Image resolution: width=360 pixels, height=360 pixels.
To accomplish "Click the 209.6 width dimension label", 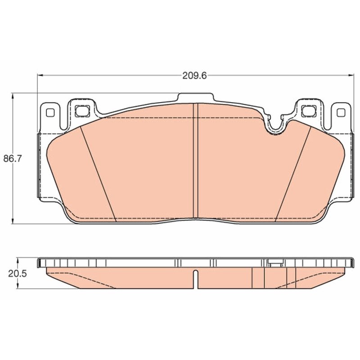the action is click(194, 76).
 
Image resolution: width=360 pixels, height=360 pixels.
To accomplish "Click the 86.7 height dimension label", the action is click(12, 158).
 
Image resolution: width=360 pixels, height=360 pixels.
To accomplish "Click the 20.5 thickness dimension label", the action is click(18, 274).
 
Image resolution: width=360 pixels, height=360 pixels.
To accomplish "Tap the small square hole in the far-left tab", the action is click(50, 112).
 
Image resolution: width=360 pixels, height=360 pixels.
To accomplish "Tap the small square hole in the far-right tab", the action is click(341, 112).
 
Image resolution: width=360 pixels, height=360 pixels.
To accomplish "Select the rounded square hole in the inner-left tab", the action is click(82, 111).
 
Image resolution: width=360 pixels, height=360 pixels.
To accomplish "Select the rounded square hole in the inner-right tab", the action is click(309, 111).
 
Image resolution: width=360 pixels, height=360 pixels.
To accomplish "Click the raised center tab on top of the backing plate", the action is click(195, 97).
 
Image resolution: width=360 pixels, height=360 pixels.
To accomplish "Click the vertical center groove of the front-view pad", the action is click(195, 161).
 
